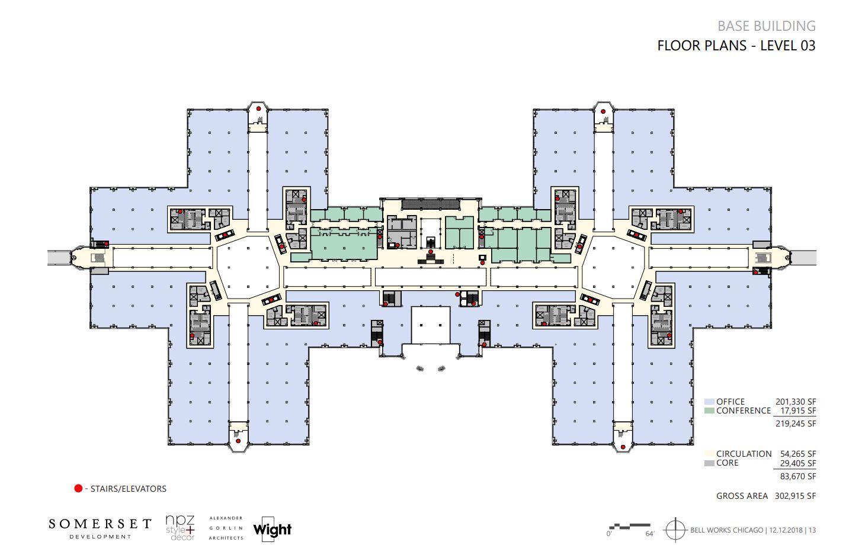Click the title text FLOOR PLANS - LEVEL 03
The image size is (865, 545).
pos(736,46)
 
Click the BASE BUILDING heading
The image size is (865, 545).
pos(766,26)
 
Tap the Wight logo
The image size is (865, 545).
pos(273,528)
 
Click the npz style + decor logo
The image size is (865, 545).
pos(181,527)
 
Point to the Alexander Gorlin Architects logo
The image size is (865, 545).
pos(226,528)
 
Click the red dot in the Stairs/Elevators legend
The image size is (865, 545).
pos(78,489)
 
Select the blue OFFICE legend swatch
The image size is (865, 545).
pos(709,402)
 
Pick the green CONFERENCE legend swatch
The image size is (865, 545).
pos(709,411)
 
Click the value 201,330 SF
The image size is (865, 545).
pos(795,402)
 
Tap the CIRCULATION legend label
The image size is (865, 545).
pos(744,454)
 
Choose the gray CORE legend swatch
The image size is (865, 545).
pos(709,463)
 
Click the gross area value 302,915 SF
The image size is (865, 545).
pos(795,496)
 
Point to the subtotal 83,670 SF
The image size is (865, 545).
pos(795,476)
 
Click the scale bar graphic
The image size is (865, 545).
pos(629,526)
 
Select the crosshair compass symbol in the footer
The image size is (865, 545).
pos(675,529)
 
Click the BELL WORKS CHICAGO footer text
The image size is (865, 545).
pos(726,530)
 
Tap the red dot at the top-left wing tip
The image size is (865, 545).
pos(259,109)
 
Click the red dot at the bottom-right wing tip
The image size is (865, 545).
pos(623,447)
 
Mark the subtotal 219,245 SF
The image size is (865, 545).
pos(795,424)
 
